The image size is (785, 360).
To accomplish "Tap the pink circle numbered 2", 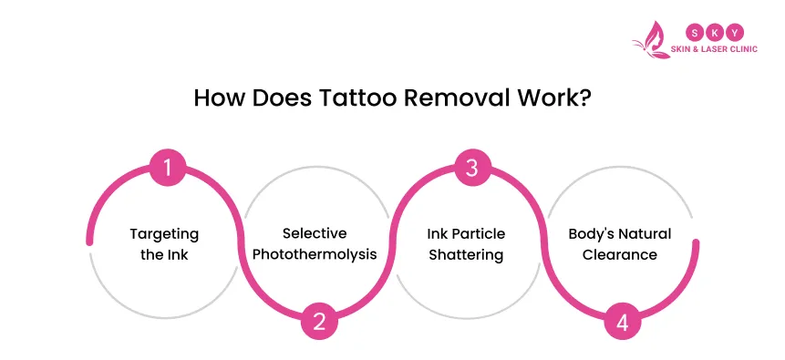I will (319, 321).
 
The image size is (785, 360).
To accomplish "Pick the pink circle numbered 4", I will (623, 321).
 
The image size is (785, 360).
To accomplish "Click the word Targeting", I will (164, 235).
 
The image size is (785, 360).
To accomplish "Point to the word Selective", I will (315, 234).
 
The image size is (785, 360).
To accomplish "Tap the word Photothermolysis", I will (315, 254).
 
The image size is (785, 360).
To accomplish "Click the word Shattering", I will (466, 255).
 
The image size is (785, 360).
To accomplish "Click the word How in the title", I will (218, 98).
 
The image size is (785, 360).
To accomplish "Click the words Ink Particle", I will (466, 234).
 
